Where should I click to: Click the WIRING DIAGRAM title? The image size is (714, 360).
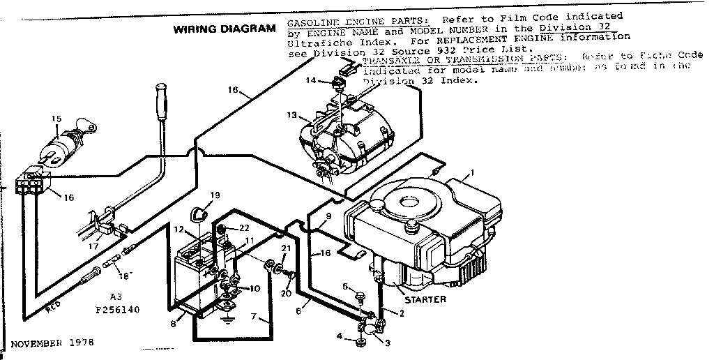click(x=224, y=29)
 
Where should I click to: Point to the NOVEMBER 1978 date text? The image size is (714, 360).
click(x=52, y=343)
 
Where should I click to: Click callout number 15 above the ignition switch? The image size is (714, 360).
click(x=56, y=119)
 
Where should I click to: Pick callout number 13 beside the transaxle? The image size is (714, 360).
click(x=291, y=114)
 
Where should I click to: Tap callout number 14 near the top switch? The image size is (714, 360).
click(x=310, y=81)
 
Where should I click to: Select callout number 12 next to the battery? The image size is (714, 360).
click(x=178, y=230)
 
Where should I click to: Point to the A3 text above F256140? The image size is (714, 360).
click(x=116, y=295)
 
